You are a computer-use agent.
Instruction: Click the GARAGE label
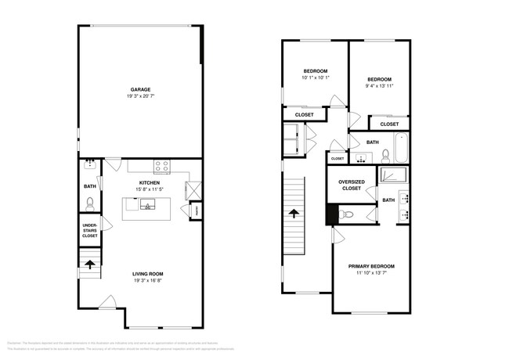141,89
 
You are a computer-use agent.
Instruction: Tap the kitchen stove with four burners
163,166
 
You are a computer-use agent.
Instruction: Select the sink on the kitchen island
146,206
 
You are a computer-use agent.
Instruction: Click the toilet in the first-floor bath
90,203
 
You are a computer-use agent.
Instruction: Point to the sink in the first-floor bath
89,164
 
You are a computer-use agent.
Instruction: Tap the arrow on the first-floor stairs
90,264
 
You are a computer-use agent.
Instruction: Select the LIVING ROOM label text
142,274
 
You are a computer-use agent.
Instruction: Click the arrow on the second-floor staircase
294,212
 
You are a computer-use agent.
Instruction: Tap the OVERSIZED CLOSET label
351,185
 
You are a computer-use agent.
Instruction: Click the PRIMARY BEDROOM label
371,266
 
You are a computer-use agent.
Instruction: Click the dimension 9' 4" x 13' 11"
379,86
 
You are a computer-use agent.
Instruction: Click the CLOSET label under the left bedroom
305,115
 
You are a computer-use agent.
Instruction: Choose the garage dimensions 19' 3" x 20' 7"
141,96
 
